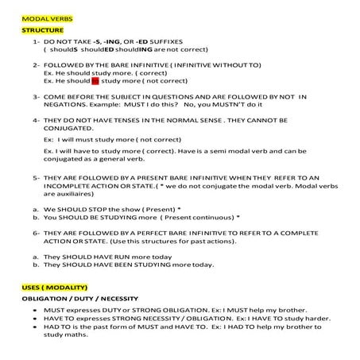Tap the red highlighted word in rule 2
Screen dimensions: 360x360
pyautogui.click(x=96, y=80)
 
